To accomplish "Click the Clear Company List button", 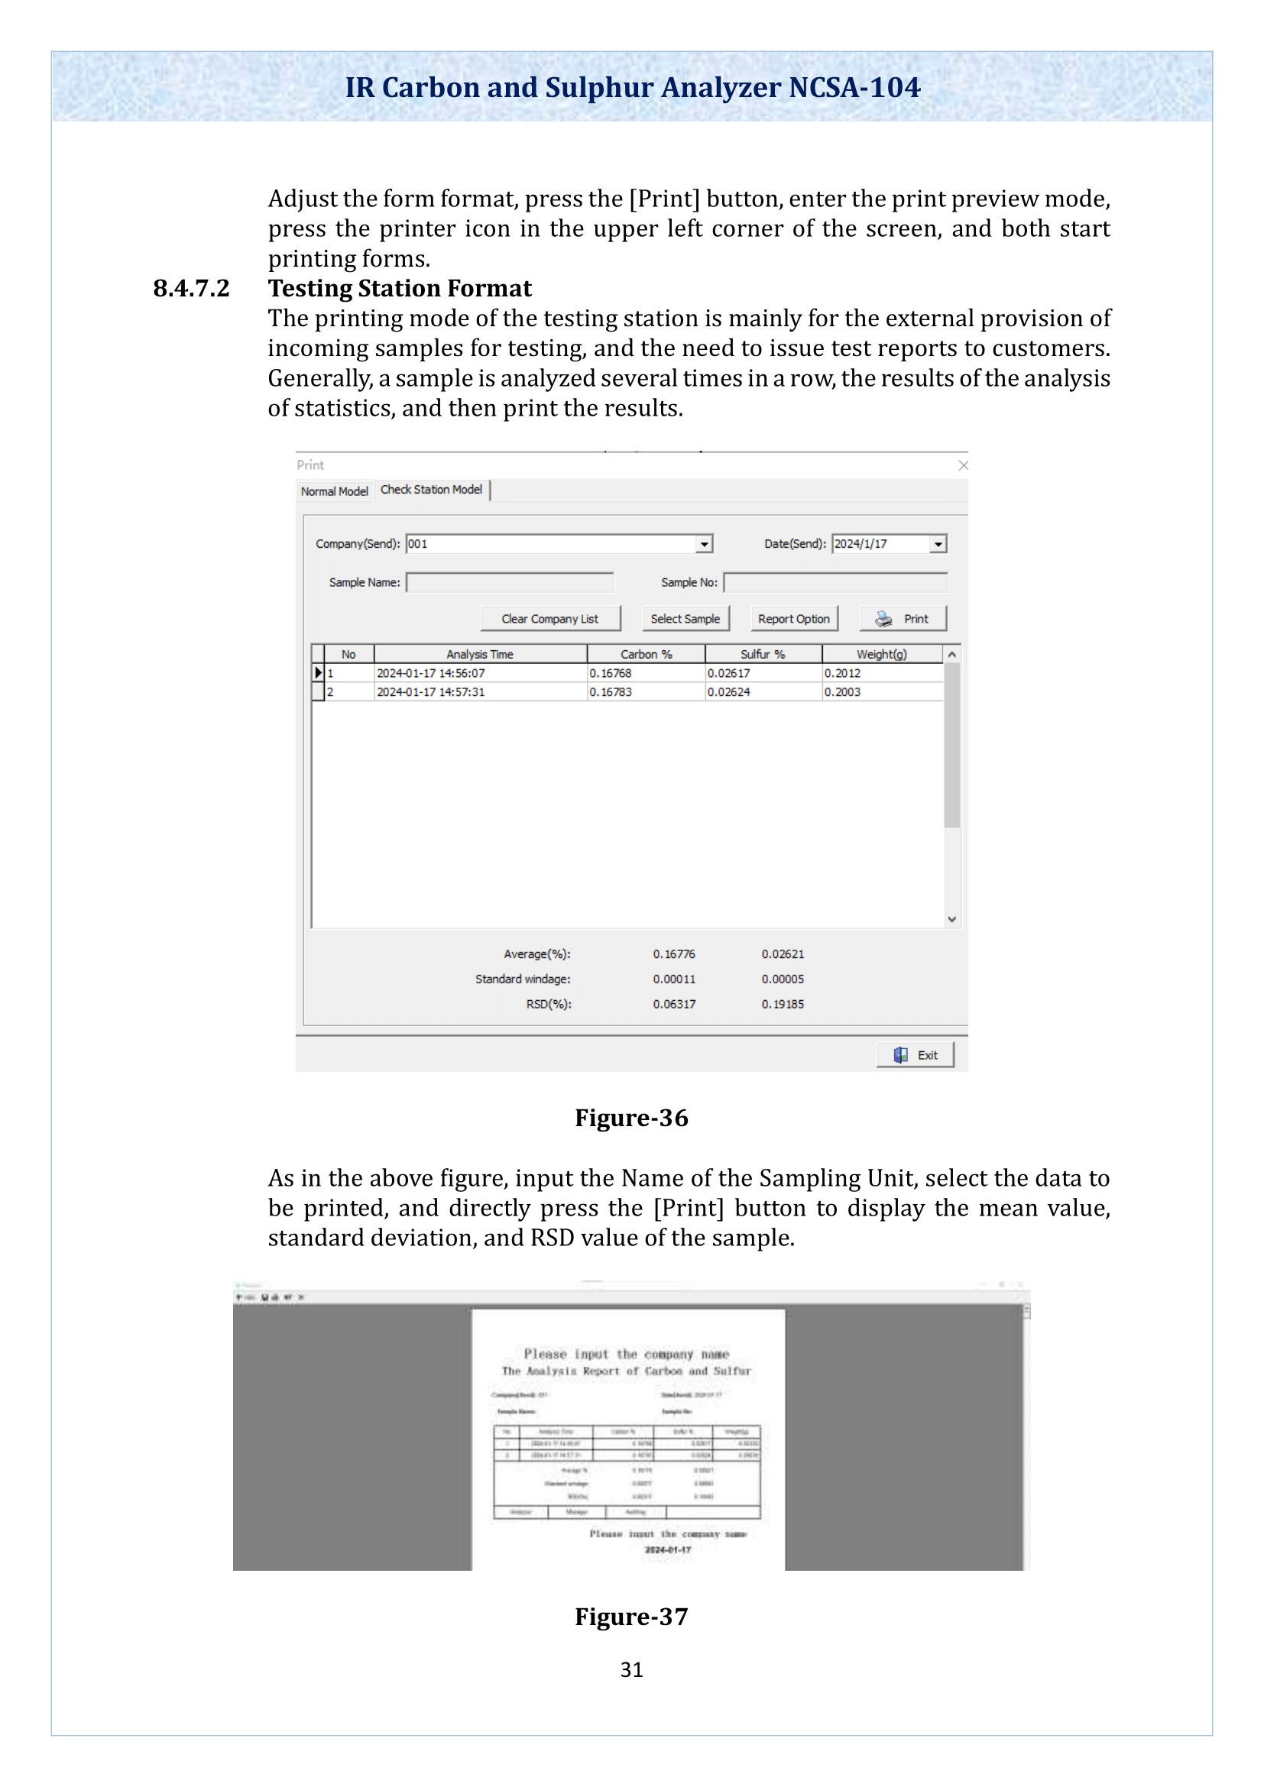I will (x=549, y=619).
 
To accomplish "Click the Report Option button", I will (x=793, y=619).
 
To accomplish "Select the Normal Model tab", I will (x=334, y=491).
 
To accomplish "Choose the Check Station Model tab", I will (x=431, y=490).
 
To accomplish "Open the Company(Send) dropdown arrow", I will (x=704, y=544).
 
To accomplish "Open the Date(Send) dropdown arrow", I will (x=938, y=544).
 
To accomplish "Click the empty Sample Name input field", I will (x=510, y=582).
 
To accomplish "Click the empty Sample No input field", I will (x=835, y=582).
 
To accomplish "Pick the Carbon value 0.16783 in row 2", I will (x=611, y=692).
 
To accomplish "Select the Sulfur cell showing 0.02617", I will (x=728, y=673).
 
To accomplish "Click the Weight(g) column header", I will (x=881, y=655).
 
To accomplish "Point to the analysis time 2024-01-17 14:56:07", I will (x=430, y=673).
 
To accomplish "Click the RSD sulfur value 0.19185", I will (x=783, y=1004).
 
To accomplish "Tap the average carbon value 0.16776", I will (x=673, y=954).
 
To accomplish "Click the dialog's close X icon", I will (x=963, y=465).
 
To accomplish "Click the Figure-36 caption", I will (x=631, y=1118).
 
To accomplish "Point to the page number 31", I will (x=631, y=1669).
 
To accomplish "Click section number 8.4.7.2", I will (x=192, y=289).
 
